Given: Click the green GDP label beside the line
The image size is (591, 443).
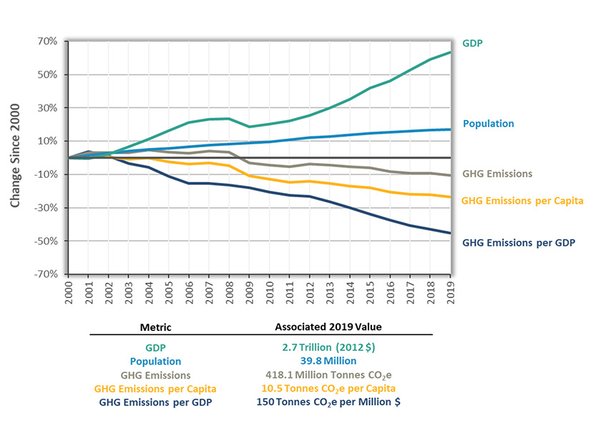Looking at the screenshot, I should coord(473,44).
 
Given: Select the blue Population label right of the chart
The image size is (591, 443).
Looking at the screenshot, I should coord(488,124).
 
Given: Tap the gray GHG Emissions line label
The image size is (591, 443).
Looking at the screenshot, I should coord(497,174).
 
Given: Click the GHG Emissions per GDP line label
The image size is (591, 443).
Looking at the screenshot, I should coord(519,242).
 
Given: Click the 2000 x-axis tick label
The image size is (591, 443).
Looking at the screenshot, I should coord(69,293).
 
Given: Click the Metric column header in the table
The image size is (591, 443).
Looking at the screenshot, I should coord(155,327).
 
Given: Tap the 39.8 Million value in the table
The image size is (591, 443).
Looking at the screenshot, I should coord(328,362).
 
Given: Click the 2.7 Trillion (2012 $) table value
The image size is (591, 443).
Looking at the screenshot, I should coord(328,348).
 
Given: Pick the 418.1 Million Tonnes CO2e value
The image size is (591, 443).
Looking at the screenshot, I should coord(328,375).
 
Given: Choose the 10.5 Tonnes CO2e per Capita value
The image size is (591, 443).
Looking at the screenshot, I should coord(328,389).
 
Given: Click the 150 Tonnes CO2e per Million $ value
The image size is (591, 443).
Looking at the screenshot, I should coord(328,402).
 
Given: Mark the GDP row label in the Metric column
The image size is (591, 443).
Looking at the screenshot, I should coord(155,348).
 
